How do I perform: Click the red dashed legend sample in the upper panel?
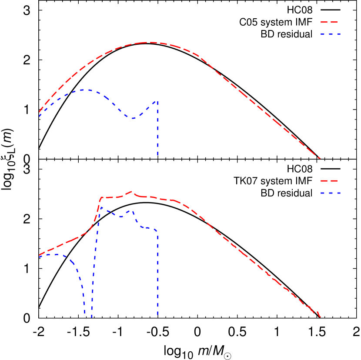click(x=329, y=22)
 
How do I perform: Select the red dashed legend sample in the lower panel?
click(x=329, y=180)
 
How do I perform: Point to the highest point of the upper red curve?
click(x=150, y=42)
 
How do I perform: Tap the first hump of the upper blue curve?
click(x=86, y=90)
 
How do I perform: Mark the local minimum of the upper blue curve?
click(x=133, y=118)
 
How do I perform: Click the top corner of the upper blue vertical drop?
click(x=157, y=101)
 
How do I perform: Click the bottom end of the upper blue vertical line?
click(x=157, y=155)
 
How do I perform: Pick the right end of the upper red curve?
click(x=321, y=159)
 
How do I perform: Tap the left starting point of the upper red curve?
click(x=40, y=111)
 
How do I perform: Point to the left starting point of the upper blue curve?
click(x=40, y=116)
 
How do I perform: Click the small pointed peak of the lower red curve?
click(x=132, y=191)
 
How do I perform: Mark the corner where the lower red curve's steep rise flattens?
click(x=101, y=198)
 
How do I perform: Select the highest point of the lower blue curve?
click(x=101, y=207)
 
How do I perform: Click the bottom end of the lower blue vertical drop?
click(x=157, y=314)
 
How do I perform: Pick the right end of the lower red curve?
click(x=321, y=317)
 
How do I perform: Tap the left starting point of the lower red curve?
click(x=40, y=255)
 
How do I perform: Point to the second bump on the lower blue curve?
click(x=131, y=211)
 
